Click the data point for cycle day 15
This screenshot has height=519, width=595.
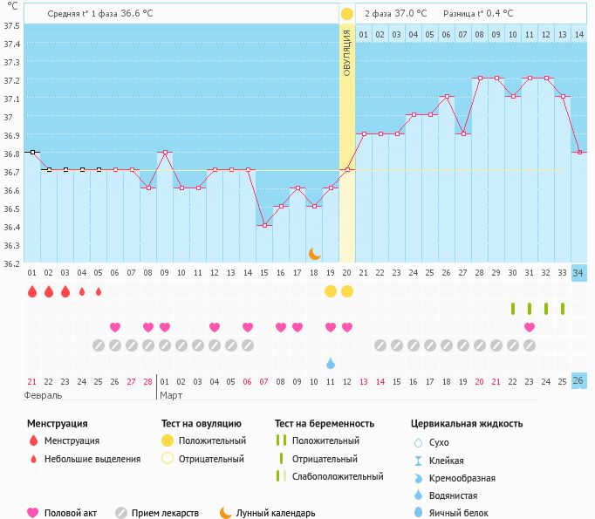point(264,225)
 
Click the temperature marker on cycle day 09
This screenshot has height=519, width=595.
point(165,152)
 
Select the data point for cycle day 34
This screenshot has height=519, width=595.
point(579,152)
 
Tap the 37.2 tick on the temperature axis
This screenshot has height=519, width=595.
point(11,80)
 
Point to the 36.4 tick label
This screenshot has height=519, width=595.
point(11,228)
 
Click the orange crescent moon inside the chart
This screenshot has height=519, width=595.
point(314,254)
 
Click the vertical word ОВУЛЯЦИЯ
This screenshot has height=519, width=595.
point(346,52)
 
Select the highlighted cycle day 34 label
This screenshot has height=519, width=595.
point(578,273)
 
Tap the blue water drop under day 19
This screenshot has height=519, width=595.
point(331,363)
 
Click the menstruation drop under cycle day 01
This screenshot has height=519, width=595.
point(32,291)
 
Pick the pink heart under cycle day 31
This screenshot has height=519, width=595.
point(530,326)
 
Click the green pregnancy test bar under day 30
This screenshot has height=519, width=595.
point(513,309)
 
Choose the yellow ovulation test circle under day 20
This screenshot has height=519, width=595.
point(347,291)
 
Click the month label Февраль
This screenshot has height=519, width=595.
point(43,395)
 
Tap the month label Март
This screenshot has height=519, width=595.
point(171,395)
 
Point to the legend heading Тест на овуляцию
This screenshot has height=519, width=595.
point(202,423)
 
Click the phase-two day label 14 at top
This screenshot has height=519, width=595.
point(579,35)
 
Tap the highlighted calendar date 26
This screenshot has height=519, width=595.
point(578,381)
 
